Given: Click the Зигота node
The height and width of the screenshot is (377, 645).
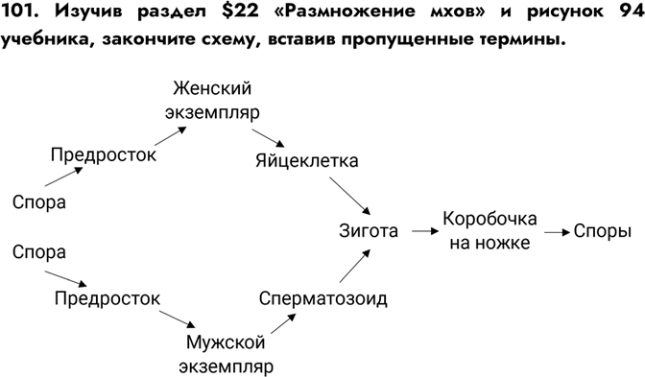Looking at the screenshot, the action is (x=369, y=230).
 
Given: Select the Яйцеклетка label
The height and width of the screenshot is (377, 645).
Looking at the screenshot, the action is (x=306, y=160).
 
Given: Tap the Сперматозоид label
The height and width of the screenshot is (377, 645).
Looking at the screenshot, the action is (x=323, y=298).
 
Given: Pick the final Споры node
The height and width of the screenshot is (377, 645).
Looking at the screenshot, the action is (x=604, y=231).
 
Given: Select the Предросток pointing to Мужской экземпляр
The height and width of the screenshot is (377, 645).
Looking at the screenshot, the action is (x=107, y=297).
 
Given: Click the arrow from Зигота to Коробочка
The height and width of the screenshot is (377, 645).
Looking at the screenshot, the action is (x=422, y=231).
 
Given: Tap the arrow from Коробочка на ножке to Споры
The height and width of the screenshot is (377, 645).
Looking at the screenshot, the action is (x=554, y=231).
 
